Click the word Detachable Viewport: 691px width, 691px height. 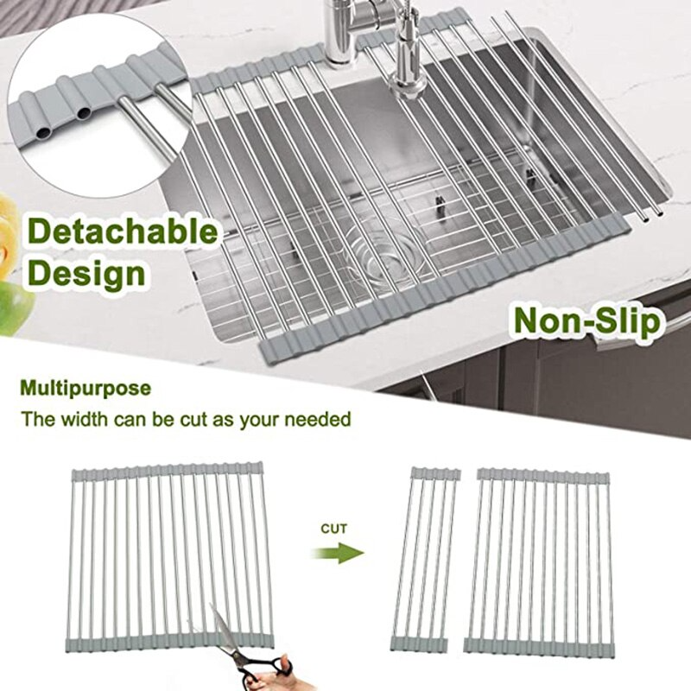123,231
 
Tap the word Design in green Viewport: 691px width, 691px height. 86,273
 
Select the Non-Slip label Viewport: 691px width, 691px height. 587,321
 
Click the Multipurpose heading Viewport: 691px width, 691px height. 86,389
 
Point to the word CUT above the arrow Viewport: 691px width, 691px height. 334,529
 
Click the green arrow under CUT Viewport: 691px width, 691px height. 338,553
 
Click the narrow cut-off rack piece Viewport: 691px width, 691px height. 425,560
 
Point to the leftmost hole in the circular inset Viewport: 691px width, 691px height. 43,133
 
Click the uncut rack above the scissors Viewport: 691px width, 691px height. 171,556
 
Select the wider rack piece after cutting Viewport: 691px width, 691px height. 538,562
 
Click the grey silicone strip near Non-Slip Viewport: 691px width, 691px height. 476,287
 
